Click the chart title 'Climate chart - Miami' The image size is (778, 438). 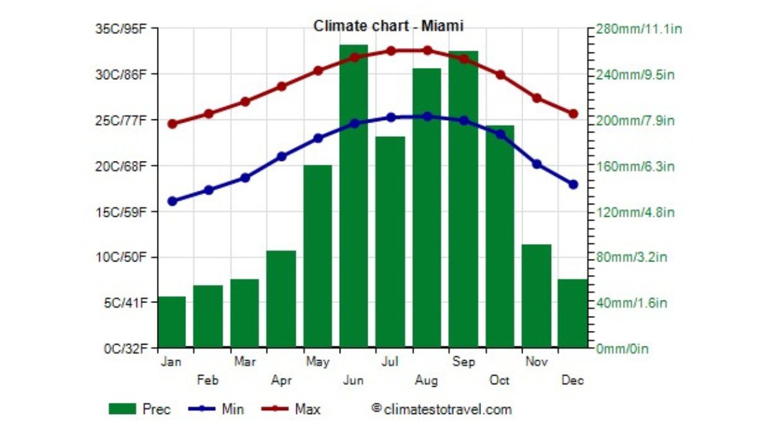pos(388,26)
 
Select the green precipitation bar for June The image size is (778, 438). pos(354,195)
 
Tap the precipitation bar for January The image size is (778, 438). pos(172,322)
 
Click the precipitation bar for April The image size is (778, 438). pos(281,298)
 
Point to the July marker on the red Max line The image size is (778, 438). pos(390,51)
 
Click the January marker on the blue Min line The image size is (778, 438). pos(172,201)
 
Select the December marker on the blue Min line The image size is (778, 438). pos(573,184)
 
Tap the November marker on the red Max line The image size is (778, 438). pos(537,98)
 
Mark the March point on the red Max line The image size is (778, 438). pos(245,102)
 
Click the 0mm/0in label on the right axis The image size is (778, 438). pos(622,349)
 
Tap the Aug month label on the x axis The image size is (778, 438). pos(427,380)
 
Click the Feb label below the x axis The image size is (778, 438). pos(208,380)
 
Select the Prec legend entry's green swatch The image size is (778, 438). pos(123,409)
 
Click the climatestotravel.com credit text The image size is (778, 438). pos(442,409)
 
